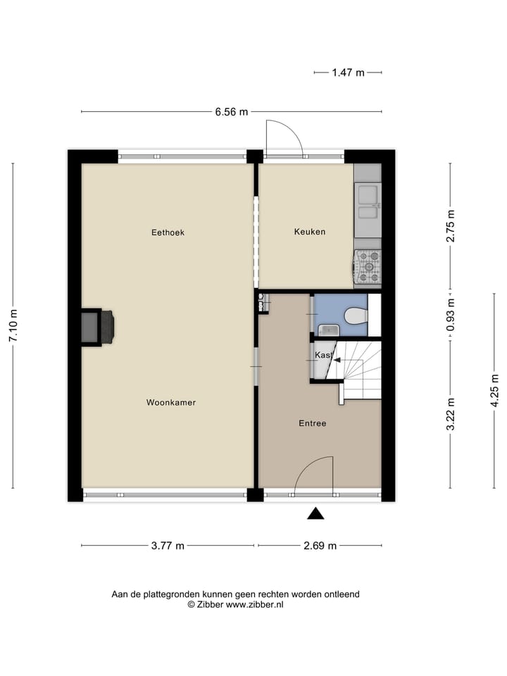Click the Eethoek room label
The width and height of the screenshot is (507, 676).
(x=168, y=232)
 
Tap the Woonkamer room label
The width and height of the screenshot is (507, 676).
(x=171, y=403)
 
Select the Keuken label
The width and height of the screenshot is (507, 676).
(x=309, y=232)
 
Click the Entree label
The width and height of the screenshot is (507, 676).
(x=312, y=423)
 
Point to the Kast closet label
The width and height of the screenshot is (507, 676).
(x=323, y=356)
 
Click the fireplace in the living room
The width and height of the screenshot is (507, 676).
(x=98, y=327)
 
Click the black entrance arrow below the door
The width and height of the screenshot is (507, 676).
(x=316, y=514)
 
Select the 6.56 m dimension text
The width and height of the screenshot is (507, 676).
(x=232, y=112)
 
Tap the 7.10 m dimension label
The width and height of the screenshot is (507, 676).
(x=13, y=326)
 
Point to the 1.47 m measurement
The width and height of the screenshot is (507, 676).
(x=349, y=72)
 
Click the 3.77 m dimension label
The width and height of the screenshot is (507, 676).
(x=168, y=546)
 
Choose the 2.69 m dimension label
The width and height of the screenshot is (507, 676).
(x=320, y=546)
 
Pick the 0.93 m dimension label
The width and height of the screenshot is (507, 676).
(x=451, y=315)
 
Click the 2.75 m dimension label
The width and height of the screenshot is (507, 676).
(x=451, y=226)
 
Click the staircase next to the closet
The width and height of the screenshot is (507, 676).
(x=358, y=366)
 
